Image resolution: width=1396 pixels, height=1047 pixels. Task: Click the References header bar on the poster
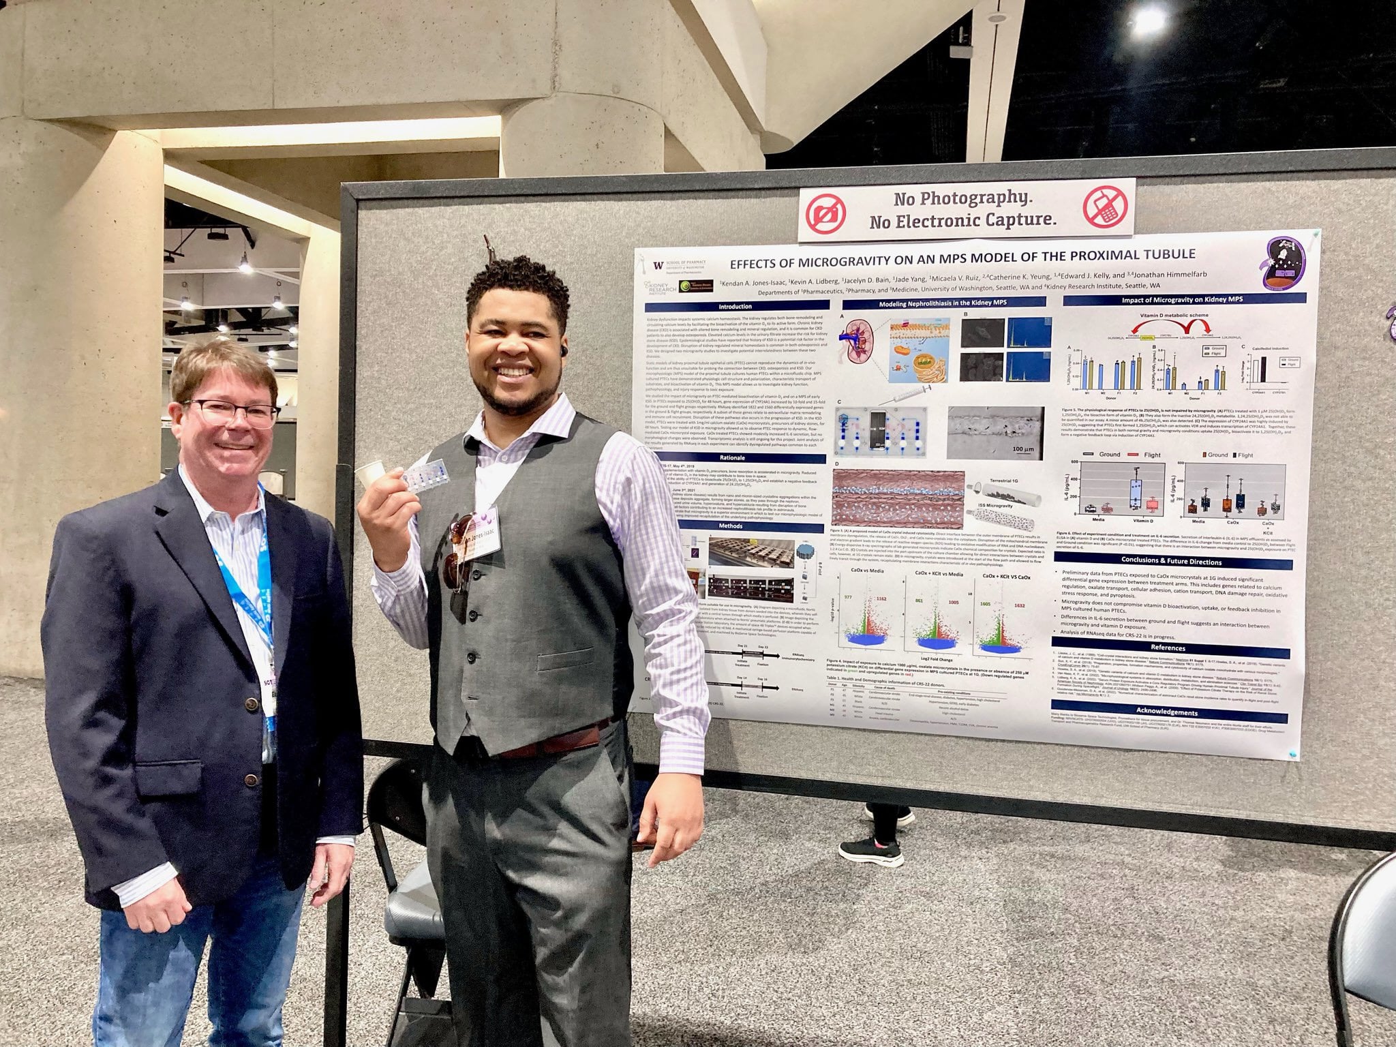(x=1167, y=648)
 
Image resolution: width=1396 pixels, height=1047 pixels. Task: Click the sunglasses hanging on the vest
(x=460, y=552)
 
